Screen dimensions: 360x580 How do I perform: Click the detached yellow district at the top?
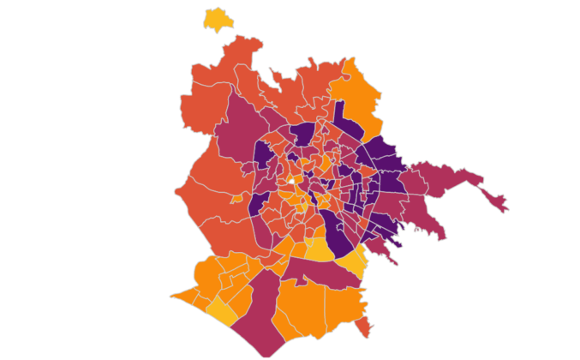[x=218, y=19]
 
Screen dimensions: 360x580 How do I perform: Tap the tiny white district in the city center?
[x=291, y=182]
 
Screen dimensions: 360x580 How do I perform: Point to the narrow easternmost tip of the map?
[x=500, y=206]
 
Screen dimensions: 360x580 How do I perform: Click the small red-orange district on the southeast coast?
[x=364, y=327]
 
